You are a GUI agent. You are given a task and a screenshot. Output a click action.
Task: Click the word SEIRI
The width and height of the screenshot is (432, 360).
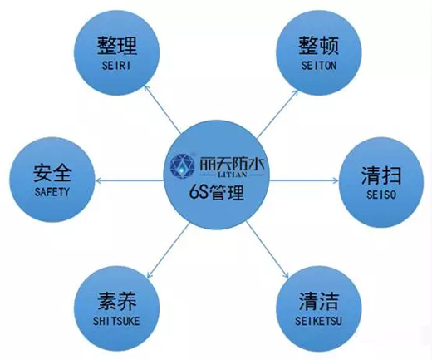click(x=116, y=66)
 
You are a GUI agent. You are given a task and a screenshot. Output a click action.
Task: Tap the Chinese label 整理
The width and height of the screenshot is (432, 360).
click(x=117, y=46)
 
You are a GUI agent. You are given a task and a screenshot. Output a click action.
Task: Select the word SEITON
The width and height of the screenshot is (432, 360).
click(x=319, y=66)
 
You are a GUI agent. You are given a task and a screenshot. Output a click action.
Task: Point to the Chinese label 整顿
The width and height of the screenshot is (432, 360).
click(x=319, y=46)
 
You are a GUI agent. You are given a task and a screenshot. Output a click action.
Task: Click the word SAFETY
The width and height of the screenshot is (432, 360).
click(x=52, y=192)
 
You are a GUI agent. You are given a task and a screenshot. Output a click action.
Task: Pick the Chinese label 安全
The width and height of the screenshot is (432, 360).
click(x=52, y=173)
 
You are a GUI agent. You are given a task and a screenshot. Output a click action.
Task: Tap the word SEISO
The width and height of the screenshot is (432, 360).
click(x=381, y=195)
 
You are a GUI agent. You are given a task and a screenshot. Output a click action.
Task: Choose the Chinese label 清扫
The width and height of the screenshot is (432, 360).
click(x=381, y=175)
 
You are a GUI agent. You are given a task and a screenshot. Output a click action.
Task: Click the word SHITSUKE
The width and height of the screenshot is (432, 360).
click(x=116, y=321)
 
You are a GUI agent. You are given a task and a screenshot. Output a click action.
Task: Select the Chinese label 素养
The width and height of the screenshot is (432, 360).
click(x=117, y=302)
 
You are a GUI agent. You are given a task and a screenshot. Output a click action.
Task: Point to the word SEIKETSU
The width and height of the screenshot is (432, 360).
click(x=318, y=321)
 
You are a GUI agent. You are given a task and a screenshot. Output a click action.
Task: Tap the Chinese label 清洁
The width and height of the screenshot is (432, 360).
click(x=319, y=301)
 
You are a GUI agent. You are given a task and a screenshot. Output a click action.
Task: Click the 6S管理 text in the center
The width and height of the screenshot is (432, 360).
click(x=217, y=192)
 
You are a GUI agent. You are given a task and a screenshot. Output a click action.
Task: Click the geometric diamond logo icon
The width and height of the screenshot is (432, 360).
click(x=183, y=166)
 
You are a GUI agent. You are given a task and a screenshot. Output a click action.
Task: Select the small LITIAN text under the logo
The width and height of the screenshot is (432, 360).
click(x=233, y=175)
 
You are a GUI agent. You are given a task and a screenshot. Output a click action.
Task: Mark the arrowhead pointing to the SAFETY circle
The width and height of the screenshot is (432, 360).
click(x=99, y=181)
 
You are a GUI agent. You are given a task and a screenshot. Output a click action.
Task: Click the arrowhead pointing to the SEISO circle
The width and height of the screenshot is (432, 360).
click(x=335, y=180)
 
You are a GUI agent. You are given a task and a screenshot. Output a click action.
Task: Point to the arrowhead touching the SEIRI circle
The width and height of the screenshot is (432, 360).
click(x=147, y=88)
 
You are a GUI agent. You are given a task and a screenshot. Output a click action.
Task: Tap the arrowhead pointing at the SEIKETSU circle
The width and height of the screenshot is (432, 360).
click(x=286, y=274)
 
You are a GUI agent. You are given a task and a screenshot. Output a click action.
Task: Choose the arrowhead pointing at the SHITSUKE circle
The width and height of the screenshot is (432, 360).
click(x=150, y=274)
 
